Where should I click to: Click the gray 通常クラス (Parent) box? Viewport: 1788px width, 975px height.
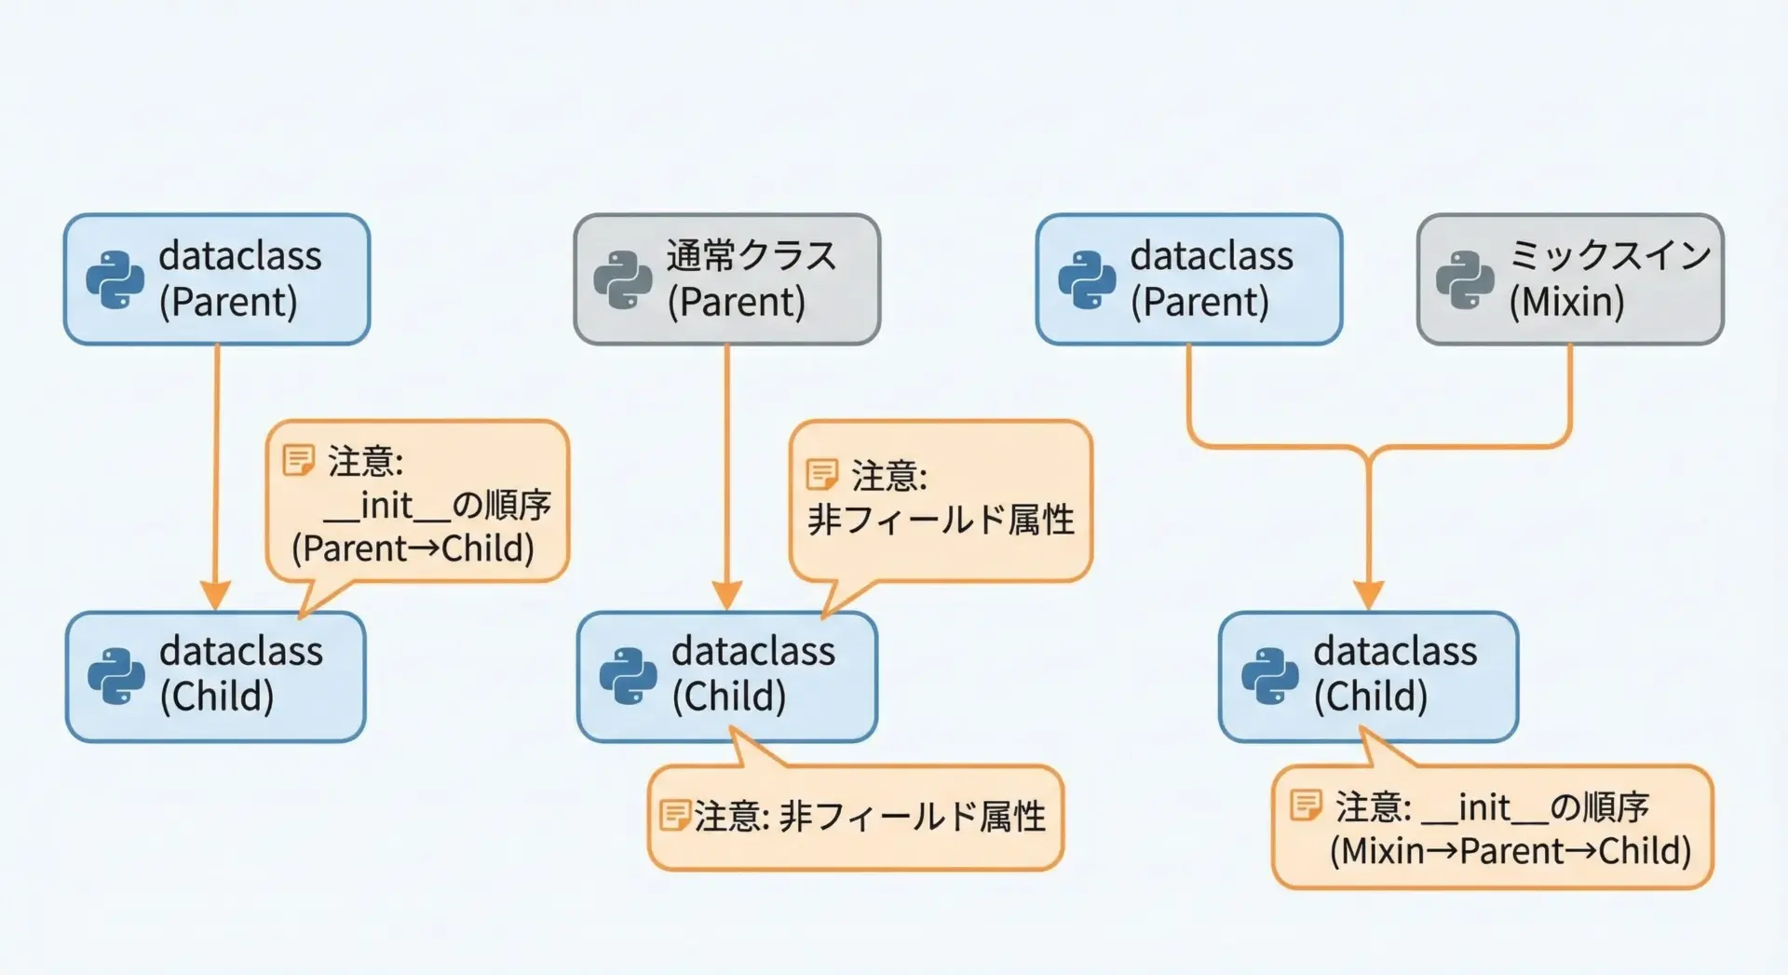726,279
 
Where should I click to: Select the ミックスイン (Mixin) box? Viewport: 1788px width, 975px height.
1570,279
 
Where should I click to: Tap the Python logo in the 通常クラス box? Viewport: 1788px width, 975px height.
622,279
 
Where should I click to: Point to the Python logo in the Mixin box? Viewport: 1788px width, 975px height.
1465,279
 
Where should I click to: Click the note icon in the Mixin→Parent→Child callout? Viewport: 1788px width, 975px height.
1306,805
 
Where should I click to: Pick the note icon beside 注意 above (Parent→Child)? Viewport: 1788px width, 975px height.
298,459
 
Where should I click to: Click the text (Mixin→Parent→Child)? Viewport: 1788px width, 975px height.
1510,851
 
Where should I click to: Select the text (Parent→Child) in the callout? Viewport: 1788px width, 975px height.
413,548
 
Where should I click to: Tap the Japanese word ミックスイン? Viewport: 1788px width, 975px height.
1610,254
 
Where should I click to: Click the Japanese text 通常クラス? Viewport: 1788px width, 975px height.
751,255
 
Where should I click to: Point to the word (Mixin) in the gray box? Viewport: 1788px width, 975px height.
1566,302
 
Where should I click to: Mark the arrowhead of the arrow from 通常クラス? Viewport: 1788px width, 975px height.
726,594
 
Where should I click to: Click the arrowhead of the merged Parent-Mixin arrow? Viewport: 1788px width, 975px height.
1368,594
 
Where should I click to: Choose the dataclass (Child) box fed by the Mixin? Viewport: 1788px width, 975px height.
1368,677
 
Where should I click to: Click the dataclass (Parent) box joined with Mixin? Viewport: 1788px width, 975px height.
1188,279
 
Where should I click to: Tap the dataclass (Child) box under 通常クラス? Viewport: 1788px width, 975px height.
726,677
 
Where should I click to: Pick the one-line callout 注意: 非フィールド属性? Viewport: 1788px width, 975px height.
855,818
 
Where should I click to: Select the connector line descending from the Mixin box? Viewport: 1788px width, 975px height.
1570,391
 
